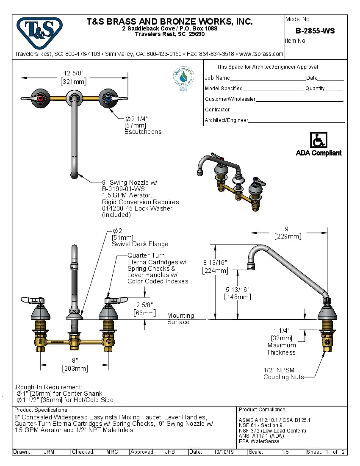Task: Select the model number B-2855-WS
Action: [315, 31]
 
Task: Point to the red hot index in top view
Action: [40, 99]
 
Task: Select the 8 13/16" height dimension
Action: [216, 262]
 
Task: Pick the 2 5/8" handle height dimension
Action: [144, 305]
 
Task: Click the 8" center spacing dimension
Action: [75, 360]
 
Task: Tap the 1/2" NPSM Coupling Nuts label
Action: [283, 374]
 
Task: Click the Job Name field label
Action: [217, 78]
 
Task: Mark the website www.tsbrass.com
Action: [261, 54]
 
